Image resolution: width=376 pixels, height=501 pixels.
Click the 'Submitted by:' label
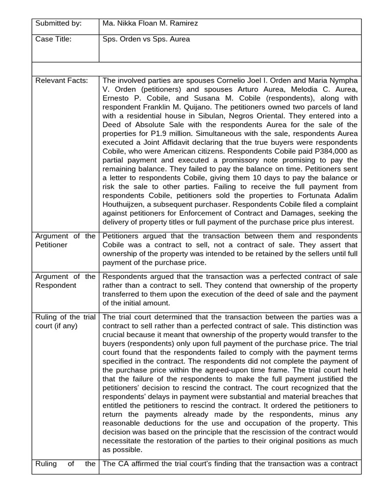tap(58, 23)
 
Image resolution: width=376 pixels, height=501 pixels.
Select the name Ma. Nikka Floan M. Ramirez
tap(150, 23)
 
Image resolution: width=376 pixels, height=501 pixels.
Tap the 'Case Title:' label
tap(53, 40)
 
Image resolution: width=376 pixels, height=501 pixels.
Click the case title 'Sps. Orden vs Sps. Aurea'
tap(146, 40)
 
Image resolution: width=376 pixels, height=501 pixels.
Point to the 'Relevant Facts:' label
tap(62, 80)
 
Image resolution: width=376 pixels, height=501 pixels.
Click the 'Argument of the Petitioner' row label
tap(65, 240)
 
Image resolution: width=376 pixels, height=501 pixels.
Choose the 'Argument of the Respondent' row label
tap(65, 281)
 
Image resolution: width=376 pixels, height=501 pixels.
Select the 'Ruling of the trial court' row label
tap(65, 321)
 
